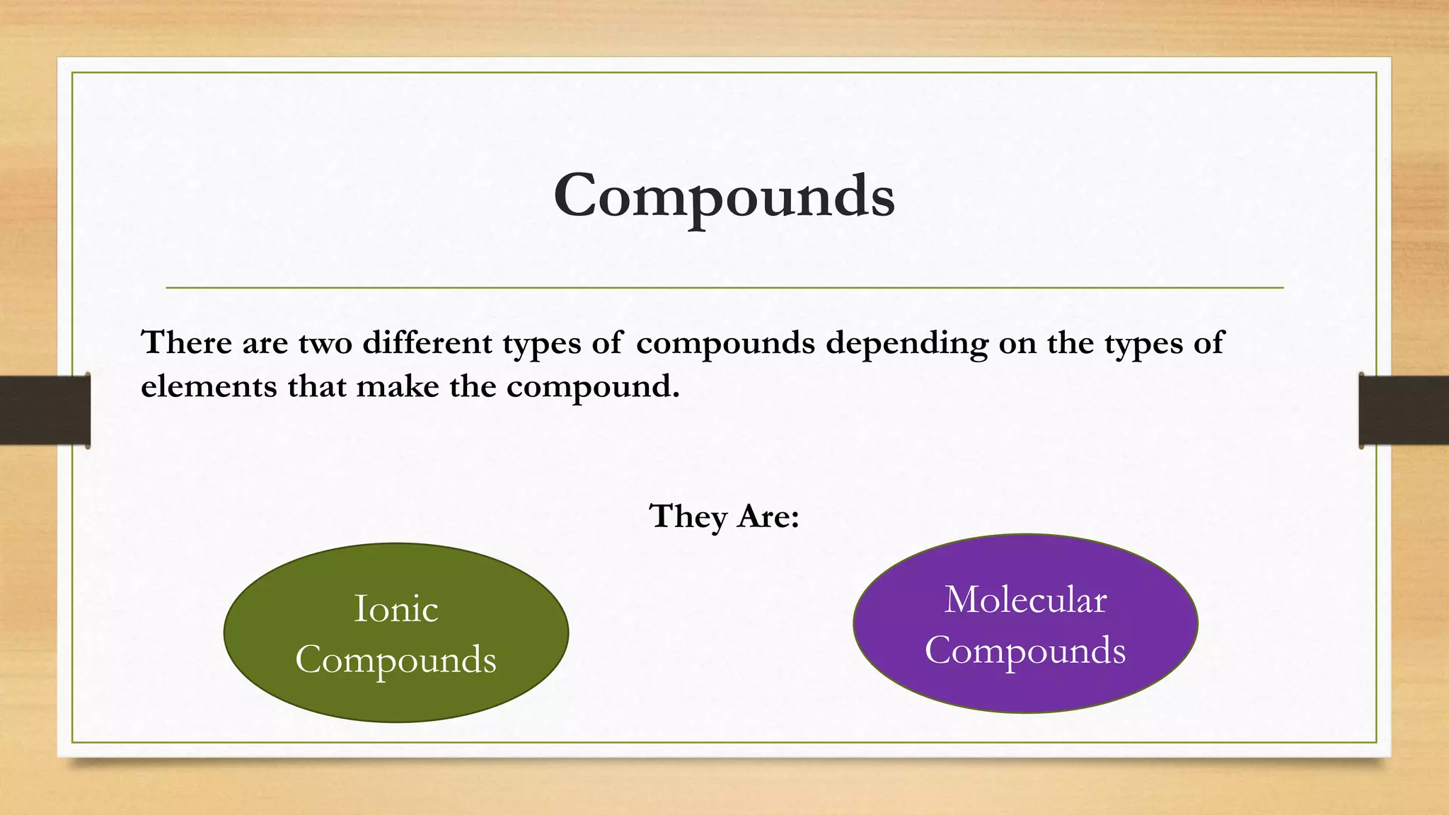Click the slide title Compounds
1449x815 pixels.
pyautogui.click(x=724, y=195)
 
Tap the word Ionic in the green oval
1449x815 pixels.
pyautogui.click(x=396, y=608)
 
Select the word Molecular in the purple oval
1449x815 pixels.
pyautogui.click(x=1025, y=600)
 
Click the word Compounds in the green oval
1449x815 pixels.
pyautogui.click(x=396, y=659)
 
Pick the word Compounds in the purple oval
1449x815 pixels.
pyautogui.click(x=1025, y=650)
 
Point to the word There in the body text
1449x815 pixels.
pyautogui.click(x=187, y=342)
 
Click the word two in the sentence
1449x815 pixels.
pyautogui.click(x=325, y=344)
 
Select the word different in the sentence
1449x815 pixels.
pyautogui.click(x=427, y=342)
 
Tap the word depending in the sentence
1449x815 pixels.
pyautogui.click(x=907, y=344)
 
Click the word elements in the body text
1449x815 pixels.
pyautogui.click(x=209, y=386)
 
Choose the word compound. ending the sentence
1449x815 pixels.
pyautogui.click(x=593, y=388)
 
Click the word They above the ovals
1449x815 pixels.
pyautogui.click(x=688, y=516)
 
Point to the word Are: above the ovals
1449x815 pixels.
pyautogui.click(x=768, y=516)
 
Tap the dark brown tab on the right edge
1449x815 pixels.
pyautogui.click(x=1404, y=410)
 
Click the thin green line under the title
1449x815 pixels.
pyautogui.click(x=724, y=288)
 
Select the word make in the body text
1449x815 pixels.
pyautogui.click(x=397, y=386)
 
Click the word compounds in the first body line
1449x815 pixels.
pyautogui.click(x=725, y=344)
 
